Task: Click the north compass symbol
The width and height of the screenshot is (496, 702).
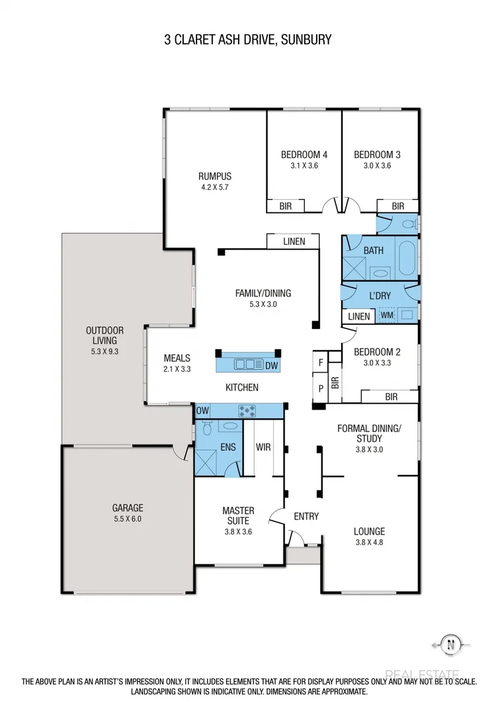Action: (x=451, y=643)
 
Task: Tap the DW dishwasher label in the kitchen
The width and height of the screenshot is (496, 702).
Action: (x=271, y=365)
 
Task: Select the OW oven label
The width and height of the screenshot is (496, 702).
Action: (x=203, y=411)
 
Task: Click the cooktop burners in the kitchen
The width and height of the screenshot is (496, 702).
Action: (x=248, y=410)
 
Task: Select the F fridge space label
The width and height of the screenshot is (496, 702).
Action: (x=321, y=363)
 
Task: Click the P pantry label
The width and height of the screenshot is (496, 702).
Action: (x=321, y=389)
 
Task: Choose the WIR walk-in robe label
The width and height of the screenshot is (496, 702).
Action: (x=263, y=447)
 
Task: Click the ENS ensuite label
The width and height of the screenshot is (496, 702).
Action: (x=228, y=447)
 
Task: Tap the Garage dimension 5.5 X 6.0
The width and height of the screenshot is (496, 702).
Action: (x=127, y=519)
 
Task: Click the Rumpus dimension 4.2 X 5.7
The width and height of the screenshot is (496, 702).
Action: (x=215, y=187)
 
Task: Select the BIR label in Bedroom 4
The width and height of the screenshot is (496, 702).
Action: (x=285, y=206)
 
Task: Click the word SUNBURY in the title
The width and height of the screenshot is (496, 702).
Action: (x=306, y=40)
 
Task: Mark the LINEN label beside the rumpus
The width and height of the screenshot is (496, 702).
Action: (x=294, y=241)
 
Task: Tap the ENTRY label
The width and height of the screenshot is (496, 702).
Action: (x=306, y=516)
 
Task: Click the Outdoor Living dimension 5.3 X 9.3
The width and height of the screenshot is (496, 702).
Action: (x=104, y=352)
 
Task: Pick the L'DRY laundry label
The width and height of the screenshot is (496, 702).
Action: (x=379, y=296)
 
